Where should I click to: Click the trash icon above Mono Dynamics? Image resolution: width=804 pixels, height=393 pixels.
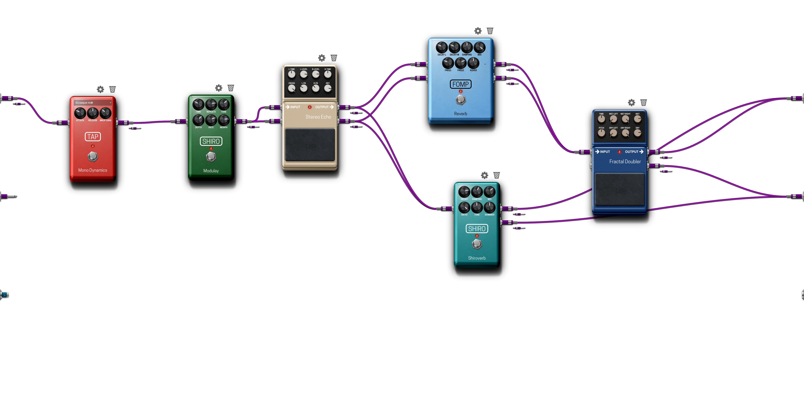pos(112,90)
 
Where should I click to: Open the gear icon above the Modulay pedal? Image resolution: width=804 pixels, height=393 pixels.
pos(219,88)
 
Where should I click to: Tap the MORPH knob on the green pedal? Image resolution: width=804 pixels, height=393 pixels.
pos(224,120)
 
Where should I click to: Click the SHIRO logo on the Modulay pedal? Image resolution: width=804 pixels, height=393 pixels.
pos(211,141)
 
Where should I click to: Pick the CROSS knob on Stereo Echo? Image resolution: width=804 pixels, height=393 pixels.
pos(292,89)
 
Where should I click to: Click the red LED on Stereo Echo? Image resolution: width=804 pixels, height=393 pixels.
pos(310,107)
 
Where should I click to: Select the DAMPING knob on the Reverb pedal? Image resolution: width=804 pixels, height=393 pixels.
pos(467,47)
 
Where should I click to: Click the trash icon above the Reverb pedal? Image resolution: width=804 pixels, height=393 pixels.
pos(490,31)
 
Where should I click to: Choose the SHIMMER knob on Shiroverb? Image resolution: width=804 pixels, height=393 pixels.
pos(489,207)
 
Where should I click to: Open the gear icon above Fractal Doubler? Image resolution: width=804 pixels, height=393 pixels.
pos(631,103)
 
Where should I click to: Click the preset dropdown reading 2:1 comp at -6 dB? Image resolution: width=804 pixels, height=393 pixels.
pos(93,103)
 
